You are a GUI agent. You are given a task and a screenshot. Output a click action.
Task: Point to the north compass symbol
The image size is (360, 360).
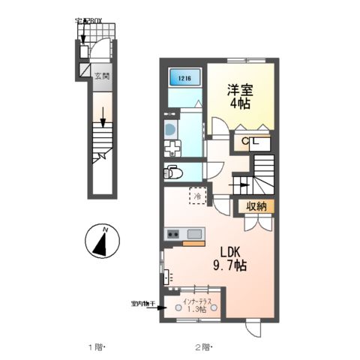coord(100,242)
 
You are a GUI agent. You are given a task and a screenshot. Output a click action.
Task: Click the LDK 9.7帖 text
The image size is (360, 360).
coord(229,259)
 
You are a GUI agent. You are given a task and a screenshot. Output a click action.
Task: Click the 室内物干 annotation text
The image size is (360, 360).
coord(141,304)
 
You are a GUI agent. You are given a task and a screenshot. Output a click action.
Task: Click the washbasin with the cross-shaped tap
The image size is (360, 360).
coord(171,145)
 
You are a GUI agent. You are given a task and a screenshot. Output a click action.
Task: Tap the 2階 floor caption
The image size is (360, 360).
coord(203,347)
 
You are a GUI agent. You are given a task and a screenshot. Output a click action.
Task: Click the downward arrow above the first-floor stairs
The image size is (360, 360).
coord(102,118)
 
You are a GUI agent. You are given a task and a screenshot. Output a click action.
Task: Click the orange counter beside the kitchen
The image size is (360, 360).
coord(193,244)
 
